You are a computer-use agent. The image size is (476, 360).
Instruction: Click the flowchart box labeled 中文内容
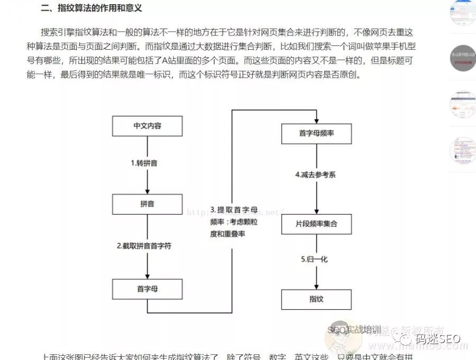click(x=147, y=126)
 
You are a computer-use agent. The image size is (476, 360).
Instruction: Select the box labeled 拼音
click(x=147, y=204)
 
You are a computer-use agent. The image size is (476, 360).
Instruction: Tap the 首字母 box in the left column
click(x=147, y=289)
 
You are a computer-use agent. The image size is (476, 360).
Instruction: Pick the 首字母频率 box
click(x=316, y=133)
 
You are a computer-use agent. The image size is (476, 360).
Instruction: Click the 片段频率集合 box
click(x=316, y=224)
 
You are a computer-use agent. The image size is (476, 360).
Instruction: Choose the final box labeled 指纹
click(x=316, y=299)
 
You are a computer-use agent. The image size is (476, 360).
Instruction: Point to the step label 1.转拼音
click(x=144, y=163)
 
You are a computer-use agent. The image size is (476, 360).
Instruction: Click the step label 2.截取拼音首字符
click(x=144, y=246)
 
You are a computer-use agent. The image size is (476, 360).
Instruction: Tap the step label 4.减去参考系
click(x=315, y=174)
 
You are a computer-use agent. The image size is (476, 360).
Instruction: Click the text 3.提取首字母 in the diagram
click(x=234, y=209)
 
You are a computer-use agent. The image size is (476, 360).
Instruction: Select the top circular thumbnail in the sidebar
click(x=462, y=12)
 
